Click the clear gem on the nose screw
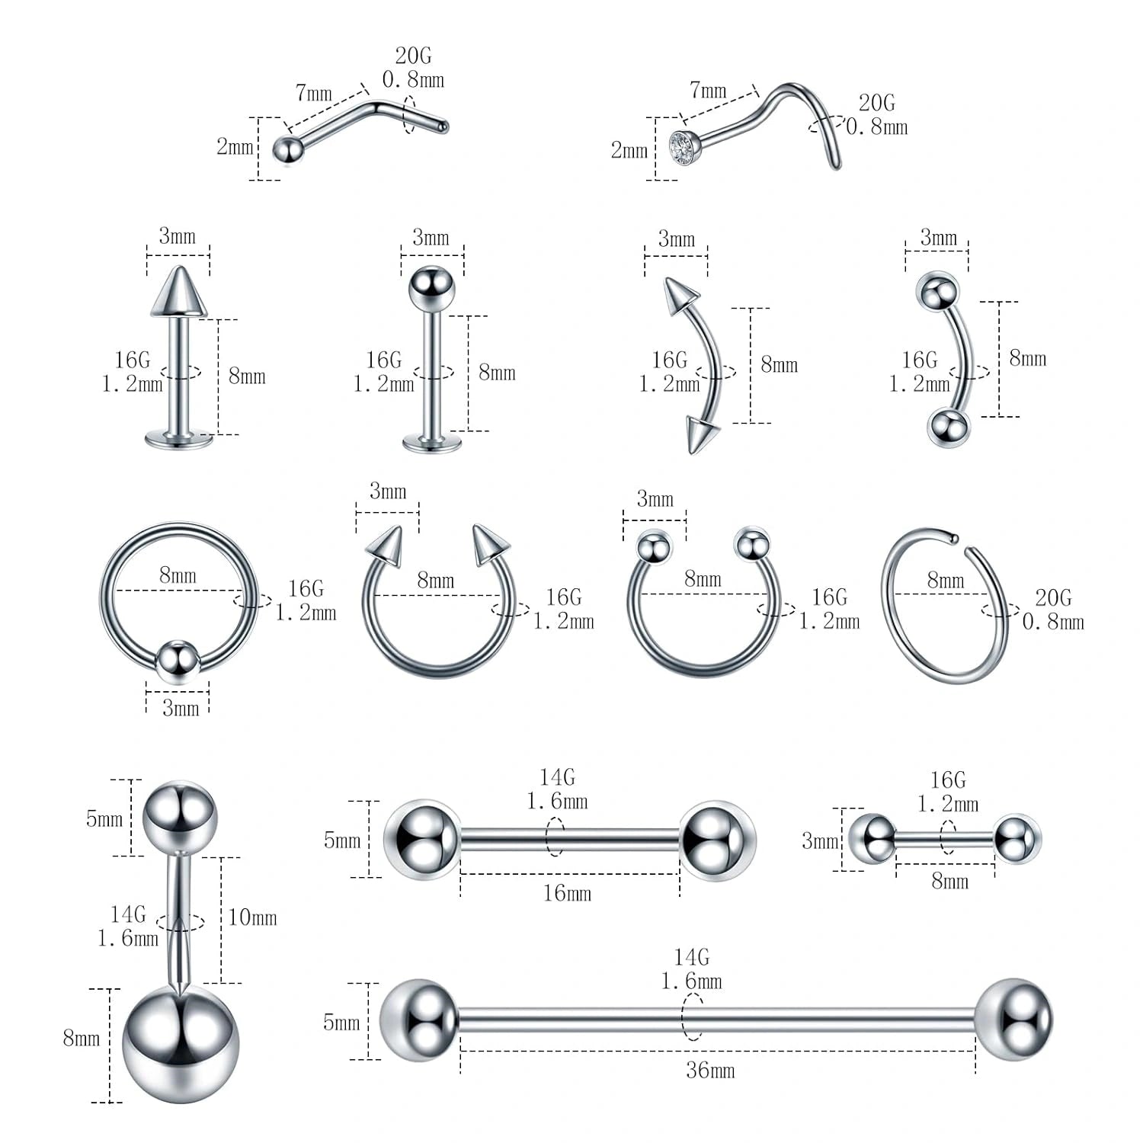pos(684,146)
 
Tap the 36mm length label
pos(709,1071)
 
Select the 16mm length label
pos(567,893)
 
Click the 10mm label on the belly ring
pos(252,917)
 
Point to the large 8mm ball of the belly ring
pos(181,1043)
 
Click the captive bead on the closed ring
pos(178,661)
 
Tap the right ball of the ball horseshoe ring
pos(752,544)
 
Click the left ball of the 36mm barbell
pos(419,1020)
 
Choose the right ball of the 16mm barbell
pos(717,840)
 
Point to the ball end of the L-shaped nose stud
pos(286,149)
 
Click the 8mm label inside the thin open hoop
pos(946,581)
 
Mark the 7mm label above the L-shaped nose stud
pos(314,93)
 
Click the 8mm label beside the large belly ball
pos(82,1038)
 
